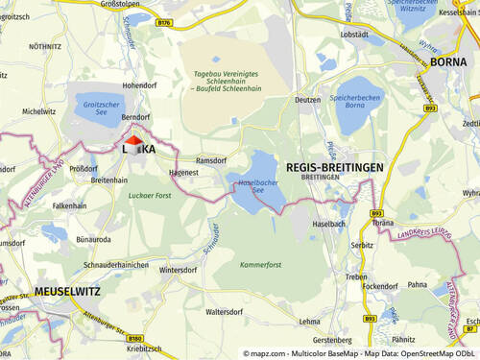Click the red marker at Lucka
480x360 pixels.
pyautogui.click(x=133, y=142)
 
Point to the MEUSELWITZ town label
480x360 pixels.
pyautogui.click(x=67, y=291)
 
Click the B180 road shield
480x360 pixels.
pyautogui.click(x=134, y=339)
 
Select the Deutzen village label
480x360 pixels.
pyautogui.click(x=307, y=99)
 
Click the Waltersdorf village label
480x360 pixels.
pyautogui.click(x=223, y=311)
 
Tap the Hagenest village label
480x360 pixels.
pyautogui.click(x=182, y=173)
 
